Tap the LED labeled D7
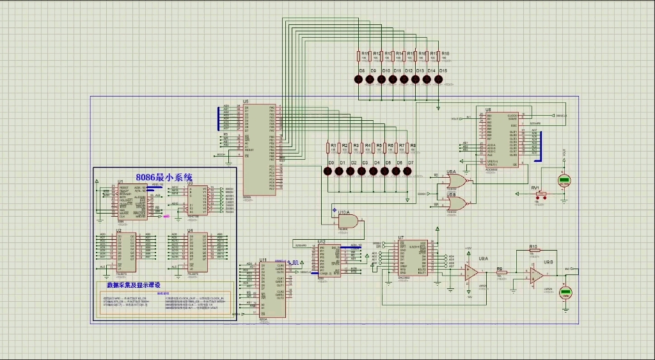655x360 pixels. (411, 171)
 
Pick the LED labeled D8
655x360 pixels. (358, 79)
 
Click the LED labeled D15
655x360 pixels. (439, 79)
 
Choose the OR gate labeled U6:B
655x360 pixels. (457, 204)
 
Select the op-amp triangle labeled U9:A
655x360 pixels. (471, 272)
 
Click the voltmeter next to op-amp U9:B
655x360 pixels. (565, 293)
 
